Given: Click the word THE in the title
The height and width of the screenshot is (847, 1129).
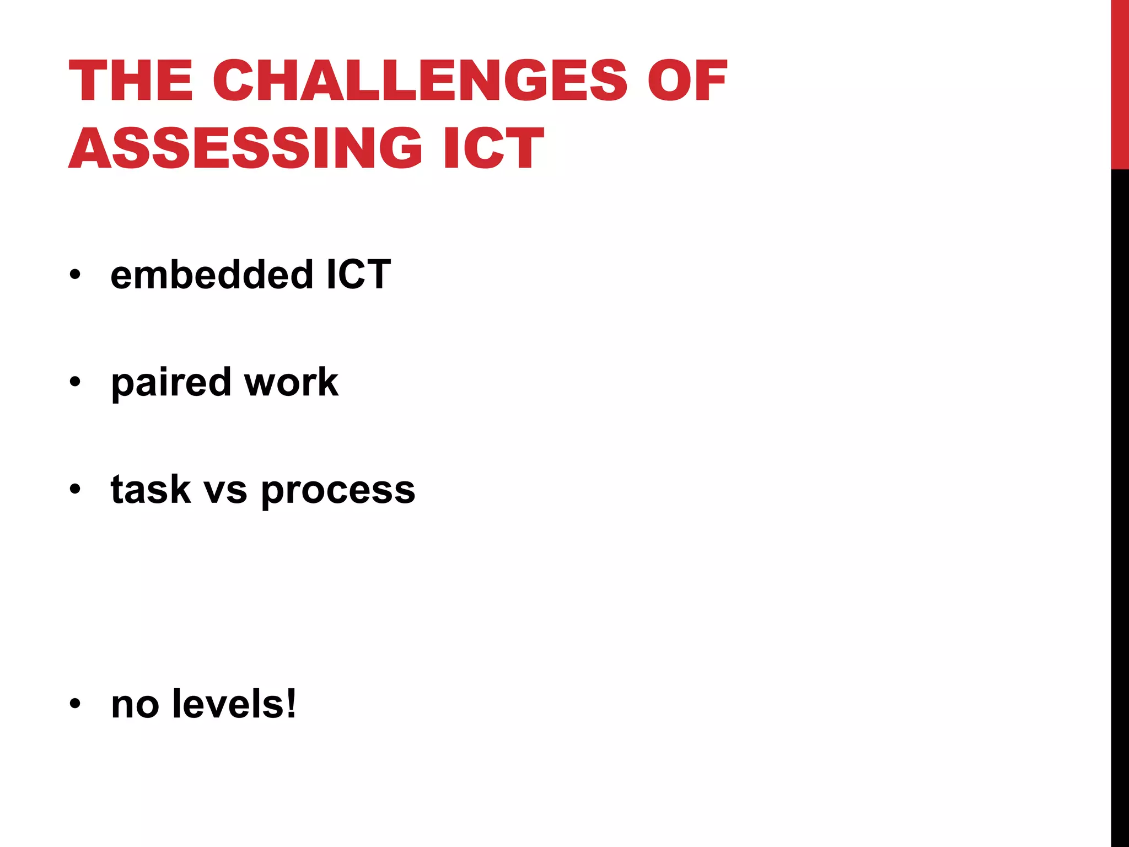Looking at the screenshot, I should click(x=131, y=81).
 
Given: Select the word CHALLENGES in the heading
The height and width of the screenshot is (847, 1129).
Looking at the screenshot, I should click(x=420, y=81).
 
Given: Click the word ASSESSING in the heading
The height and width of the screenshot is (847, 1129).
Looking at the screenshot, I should click(x=245, y=148).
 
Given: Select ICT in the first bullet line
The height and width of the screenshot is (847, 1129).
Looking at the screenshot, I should click(x=358, y=274).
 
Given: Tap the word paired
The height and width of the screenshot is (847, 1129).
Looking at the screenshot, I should click(x=171, y=382).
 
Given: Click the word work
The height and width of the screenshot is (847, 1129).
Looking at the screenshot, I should click(x=291, y=382).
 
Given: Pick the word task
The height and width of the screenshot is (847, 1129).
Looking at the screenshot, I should click(x=150, y=490).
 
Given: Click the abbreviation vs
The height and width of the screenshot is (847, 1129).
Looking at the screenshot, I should click(x=225, y=490).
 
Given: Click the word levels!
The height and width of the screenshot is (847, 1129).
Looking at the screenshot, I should click(x=234, y=704).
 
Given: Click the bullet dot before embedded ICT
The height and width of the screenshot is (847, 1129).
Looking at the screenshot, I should click(x=75, y=274).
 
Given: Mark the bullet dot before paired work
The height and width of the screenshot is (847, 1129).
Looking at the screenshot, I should click(x=75, y=382).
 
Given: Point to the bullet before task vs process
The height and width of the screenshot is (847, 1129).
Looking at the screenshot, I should click(x=75, y=489).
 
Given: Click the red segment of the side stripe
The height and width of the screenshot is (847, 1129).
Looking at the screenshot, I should click(x=1120, y=83).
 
